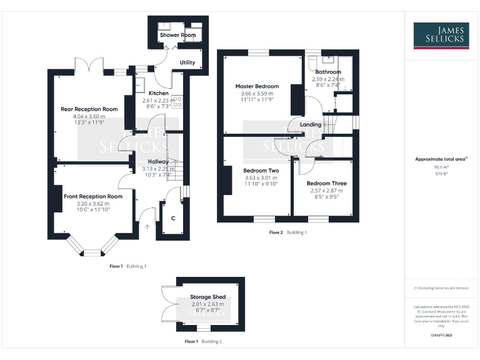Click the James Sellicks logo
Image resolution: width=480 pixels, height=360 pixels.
click(441, 36)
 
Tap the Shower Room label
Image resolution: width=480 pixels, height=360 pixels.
click(177, 35)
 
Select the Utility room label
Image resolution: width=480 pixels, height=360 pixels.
click(187, 62)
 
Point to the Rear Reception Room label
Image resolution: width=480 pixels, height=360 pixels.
click(89, 109)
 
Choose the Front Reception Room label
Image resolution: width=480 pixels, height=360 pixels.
click(93, 196)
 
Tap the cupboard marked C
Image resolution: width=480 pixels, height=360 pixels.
click(172, 219)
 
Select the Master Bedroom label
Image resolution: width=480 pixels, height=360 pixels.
click(257, 86)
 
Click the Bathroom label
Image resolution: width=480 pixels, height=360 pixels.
click(328, 72)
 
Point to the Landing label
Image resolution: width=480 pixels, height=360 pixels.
click(311, 124)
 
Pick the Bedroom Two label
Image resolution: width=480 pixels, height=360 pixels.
click(261, 170)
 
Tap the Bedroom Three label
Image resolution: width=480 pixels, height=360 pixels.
click(326, 184)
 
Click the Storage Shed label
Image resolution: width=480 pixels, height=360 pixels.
click(208, 297)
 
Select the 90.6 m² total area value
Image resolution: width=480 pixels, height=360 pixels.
click(441, 167)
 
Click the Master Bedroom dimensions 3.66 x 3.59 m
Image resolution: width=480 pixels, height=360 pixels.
click(257, 93)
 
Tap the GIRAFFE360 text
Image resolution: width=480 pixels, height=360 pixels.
click(441, 336)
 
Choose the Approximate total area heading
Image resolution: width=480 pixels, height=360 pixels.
click(441, 159)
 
